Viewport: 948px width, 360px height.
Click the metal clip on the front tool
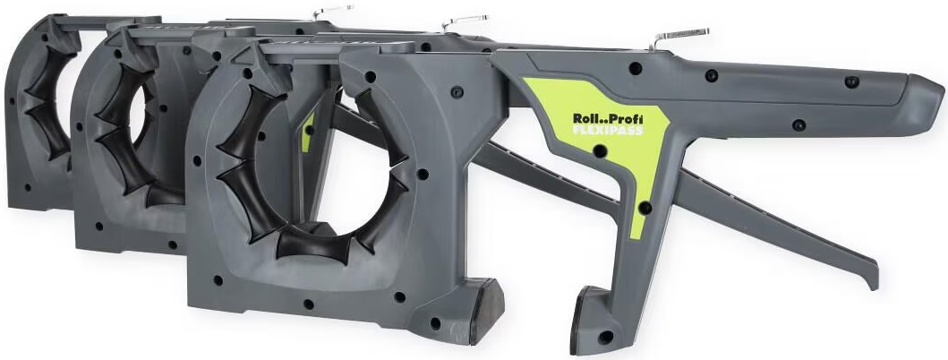679,37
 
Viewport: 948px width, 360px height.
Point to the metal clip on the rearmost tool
332,10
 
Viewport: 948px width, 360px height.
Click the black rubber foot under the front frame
487,311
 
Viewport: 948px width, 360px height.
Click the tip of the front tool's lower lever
873,279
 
